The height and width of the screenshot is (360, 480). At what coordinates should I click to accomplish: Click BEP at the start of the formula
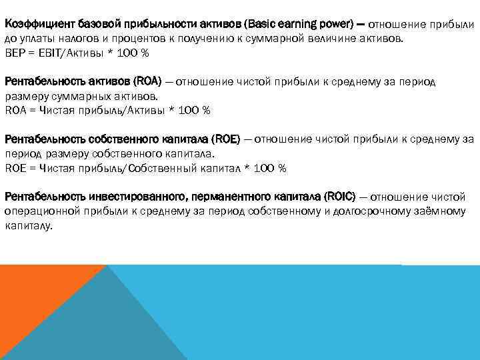(x=15, y=52)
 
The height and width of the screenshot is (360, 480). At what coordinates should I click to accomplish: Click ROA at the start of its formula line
(x=16, y=110)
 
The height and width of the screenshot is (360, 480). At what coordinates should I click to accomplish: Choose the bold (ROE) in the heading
(x=226, y=139)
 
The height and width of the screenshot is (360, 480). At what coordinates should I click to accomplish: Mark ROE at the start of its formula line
(x=16, y=168)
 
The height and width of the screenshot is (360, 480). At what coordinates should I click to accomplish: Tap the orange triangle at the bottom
(x=33, y=300)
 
